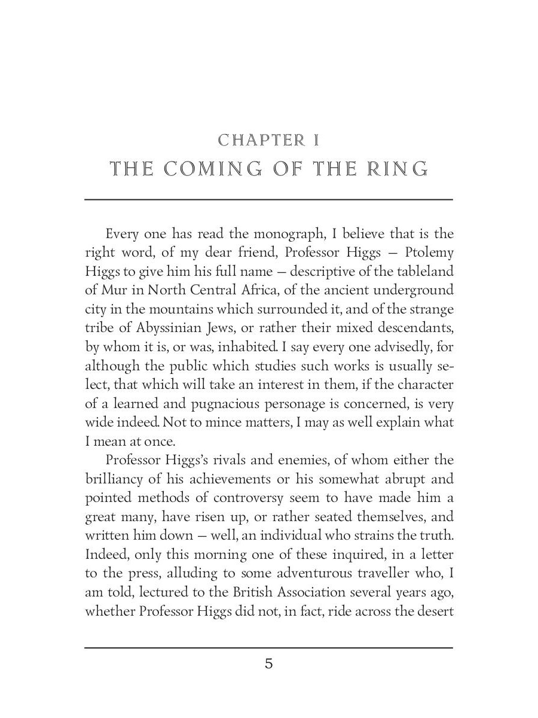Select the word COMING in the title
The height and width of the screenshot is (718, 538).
click(212, 170)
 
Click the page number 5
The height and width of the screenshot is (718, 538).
click(268, 664)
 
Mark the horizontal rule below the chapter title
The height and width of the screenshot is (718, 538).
click(268, 199)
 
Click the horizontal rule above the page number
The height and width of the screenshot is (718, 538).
click(268, 647)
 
